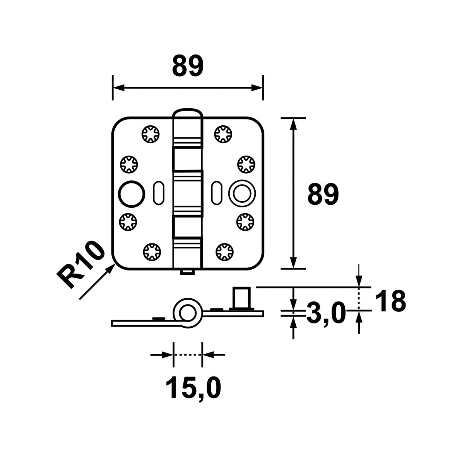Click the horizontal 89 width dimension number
click(187, 66)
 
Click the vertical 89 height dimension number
click(323, 194)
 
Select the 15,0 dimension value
click(193, 388)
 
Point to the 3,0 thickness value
click(325, 313)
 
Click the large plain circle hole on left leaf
click(131, 193)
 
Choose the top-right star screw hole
click(223, 134)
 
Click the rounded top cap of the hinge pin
click(187, 114)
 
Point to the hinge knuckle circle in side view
click(187, 313)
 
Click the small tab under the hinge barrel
click(187, 272)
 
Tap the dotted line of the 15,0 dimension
click(187, 354)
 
